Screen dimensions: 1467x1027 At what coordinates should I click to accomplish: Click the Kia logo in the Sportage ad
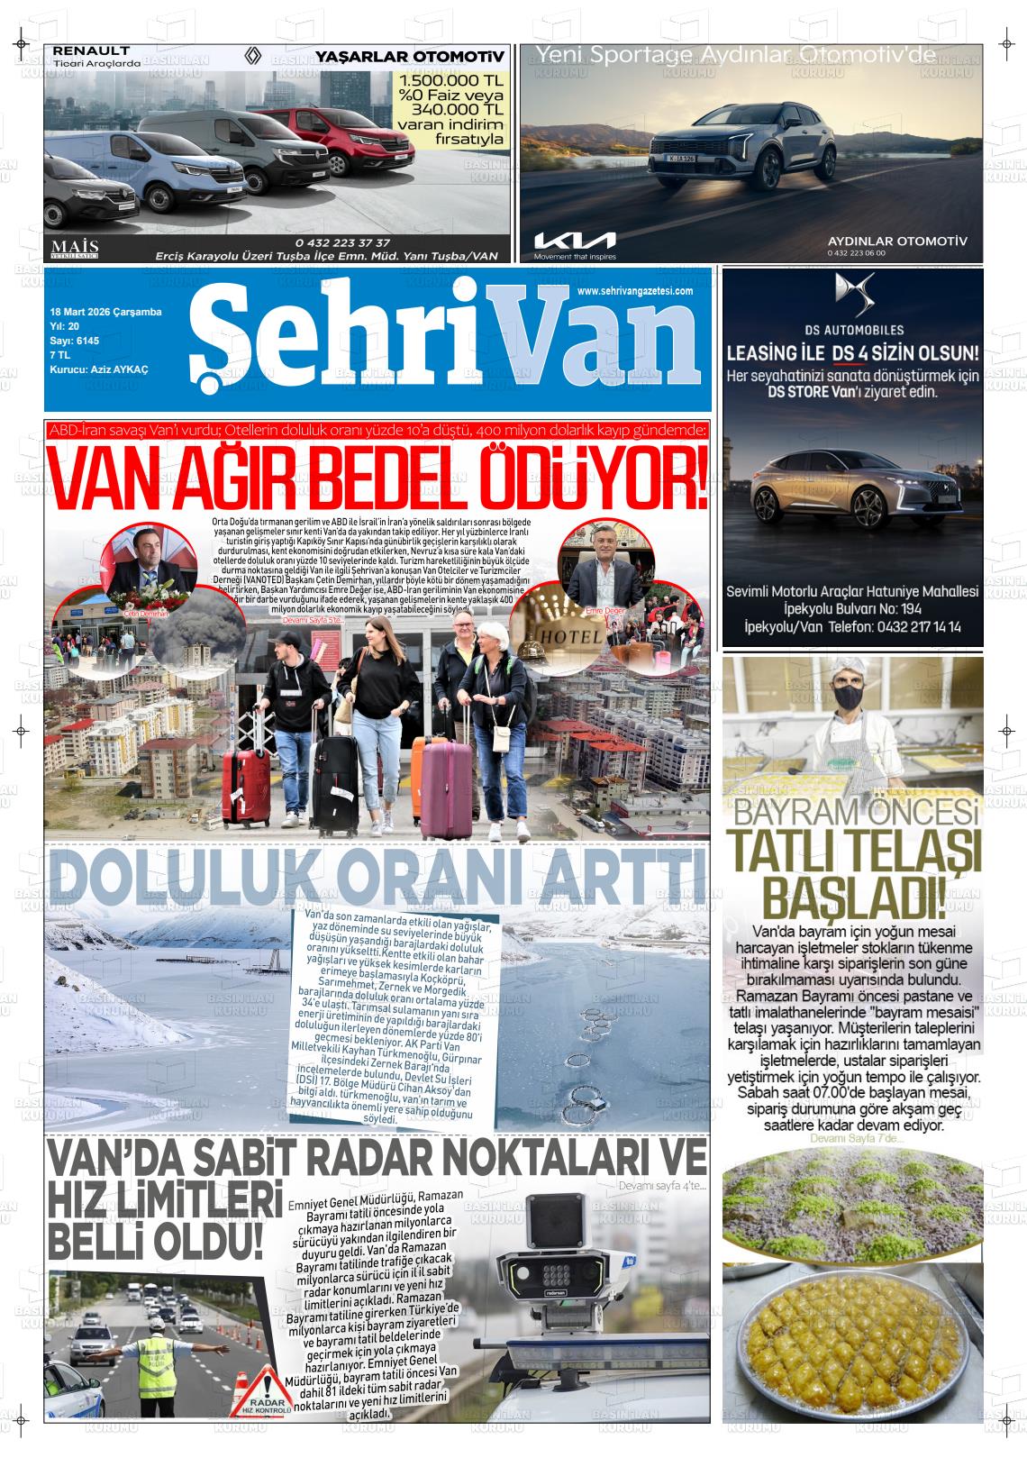click(575, 241)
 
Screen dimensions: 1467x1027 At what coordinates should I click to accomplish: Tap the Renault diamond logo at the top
click(254, 58)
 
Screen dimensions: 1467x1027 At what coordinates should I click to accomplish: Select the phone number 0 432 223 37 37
click(342, 242)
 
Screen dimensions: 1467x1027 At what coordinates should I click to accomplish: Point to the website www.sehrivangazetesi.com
click(635, 291)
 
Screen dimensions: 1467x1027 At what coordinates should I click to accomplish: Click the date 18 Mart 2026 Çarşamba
click(105, 312)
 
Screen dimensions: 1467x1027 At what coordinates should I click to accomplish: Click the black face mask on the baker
click(848, 697)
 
